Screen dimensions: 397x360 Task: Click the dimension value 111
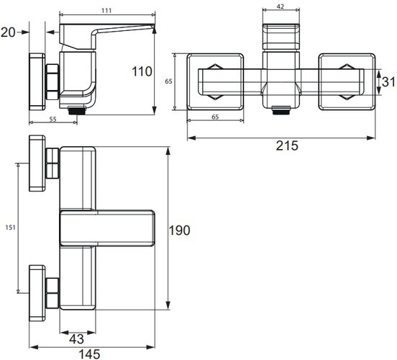click(x=106, y=11)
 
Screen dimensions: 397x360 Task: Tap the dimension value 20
click(x=8, y=32)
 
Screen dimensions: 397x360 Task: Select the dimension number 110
click(x=142, y=71)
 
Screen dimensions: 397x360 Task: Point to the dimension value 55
click(x=53, y=119)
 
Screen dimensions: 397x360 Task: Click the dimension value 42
click(x=280, y=6)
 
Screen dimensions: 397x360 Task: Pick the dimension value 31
click(x=388, y=82)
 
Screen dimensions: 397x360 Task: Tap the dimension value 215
click(x=287, y=145)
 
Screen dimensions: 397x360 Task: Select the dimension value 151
click(x=10, y=228)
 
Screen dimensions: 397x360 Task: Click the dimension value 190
click(x=179, y=230)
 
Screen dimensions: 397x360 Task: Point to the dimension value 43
click(x=76, y=339)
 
